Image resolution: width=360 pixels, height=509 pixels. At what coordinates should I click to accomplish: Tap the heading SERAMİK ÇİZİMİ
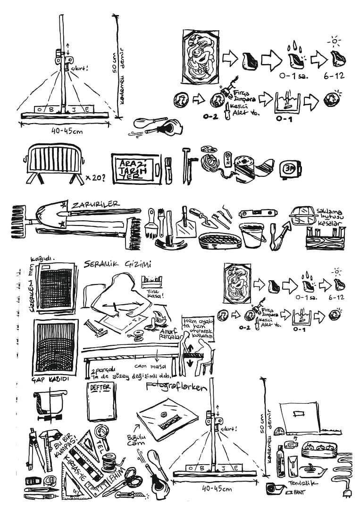click(x=117, y=264)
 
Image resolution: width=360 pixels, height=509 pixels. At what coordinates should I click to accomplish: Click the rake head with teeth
click(x=18, y=221)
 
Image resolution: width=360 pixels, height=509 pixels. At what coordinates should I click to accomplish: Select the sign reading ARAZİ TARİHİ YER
click(x=135, y=168)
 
